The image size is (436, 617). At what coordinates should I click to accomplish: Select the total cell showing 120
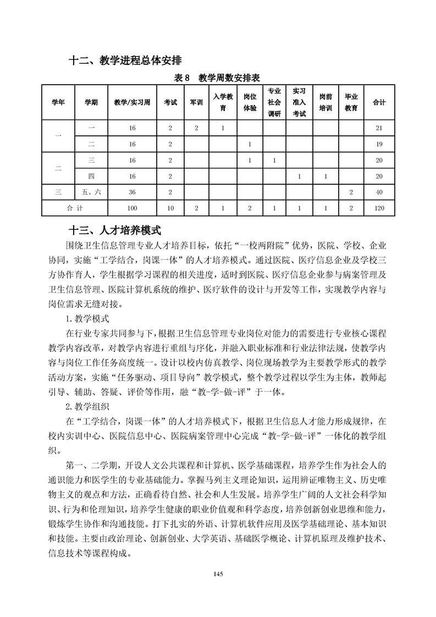[379, 208]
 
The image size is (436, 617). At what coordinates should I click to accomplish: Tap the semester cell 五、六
[91, 192]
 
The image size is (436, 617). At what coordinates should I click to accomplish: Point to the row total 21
[379, 128]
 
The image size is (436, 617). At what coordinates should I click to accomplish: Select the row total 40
[379, 192]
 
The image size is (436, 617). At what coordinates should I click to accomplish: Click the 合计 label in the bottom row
[75, 208]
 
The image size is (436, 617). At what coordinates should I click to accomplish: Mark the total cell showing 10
[170, 208]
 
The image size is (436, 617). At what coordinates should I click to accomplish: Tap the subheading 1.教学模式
[87, 318]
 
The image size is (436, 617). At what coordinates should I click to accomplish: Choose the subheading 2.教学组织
[87, 407]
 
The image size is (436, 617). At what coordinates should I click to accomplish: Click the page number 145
[218, 574]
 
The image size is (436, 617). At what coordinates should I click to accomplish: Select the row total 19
[379, 144]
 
